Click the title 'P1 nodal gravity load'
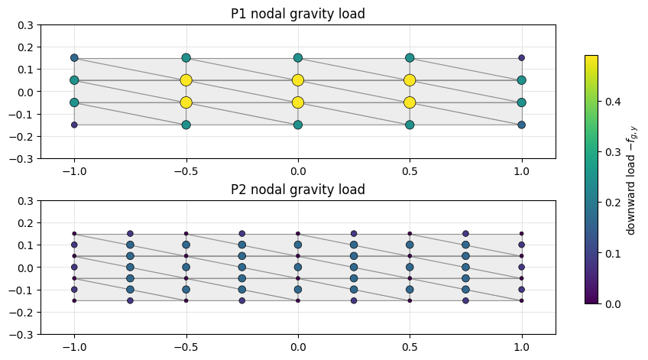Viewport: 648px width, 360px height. pyautogui.click(x=297, y=14)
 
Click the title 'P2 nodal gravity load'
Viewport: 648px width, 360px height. pyautogui.click(x=297, y=190)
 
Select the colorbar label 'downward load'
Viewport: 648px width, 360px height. pyautogui.click(x=630, y=195)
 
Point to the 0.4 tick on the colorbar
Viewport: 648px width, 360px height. pyautogui.click(x=600, y=101)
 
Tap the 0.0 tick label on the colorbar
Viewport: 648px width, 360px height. pyautogui.click(x=613, y=304)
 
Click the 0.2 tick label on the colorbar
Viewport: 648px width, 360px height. pyautogui.click(x=613, y=203)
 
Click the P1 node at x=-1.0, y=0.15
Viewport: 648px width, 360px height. pyautogui.click(x=74, y=58)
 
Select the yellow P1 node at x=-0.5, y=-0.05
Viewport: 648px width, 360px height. pyautogui.click(x=186, y=102)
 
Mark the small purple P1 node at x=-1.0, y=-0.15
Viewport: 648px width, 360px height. pyautogui.click(x=74, y=125)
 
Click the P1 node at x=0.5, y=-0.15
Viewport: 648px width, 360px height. pyautogui.click(x=410, y=125)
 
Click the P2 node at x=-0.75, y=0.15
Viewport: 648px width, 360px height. pyautogui.click(x=130, y=234)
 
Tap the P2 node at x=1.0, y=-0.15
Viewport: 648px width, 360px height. pyautogui.click(x=522, y=301)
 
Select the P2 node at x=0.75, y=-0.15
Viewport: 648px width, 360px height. pyautogui.click(x=466, y=301)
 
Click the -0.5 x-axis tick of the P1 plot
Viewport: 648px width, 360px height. pyautogui.click(x=186, y=171)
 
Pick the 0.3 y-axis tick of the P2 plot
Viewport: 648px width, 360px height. pyautogui.click(x=26, y=201)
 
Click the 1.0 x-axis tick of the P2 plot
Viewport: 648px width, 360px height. pyautogui.click(x=522, y=347)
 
